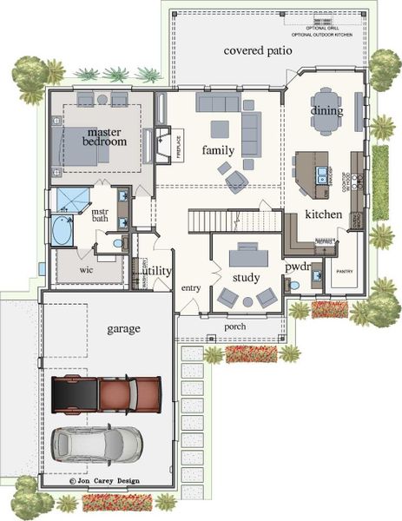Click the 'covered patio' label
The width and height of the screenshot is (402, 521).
(x=259, y=51)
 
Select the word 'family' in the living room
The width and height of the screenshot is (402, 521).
(x=219, y=149)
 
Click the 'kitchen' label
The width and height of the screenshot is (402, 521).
(x=323, y=214)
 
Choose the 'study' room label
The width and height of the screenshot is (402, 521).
(x=247, y=277)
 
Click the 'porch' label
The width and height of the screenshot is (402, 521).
(x=234, y=326)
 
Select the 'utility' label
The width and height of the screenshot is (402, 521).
(x=158, y=271)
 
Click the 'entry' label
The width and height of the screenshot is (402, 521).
(x=191, y=287)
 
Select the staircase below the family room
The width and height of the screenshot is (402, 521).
(x=220, y=222)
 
